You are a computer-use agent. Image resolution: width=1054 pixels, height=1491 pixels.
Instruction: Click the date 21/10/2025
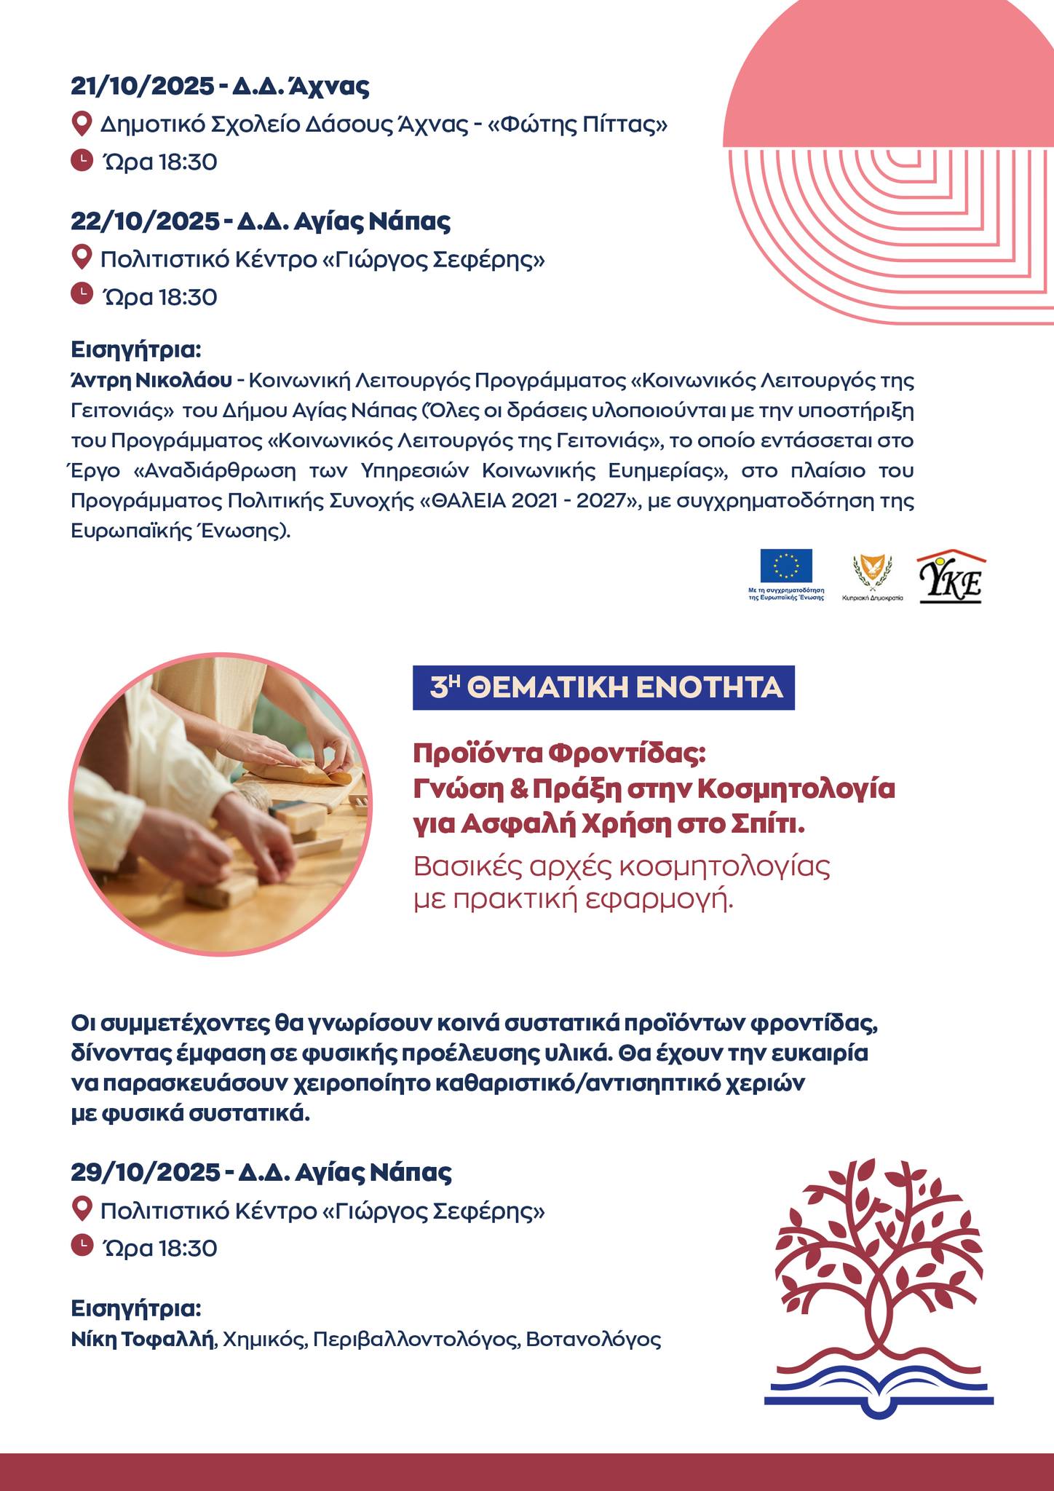(x=141, y=87)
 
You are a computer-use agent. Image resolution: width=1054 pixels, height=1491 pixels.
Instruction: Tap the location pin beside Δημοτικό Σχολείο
(x=82, y=124)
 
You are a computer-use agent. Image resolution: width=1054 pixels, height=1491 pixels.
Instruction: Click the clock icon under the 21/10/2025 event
(x=82, y=159)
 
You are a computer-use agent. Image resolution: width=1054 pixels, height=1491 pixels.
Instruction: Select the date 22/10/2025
(x=142, y=221)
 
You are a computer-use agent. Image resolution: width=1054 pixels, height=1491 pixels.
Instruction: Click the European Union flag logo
(x=786, y=566)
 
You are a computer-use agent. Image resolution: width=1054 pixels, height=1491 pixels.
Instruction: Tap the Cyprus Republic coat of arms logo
(x=872, y=571)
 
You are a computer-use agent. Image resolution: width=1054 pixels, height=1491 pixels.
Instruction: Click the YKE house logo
(x=951, y=578)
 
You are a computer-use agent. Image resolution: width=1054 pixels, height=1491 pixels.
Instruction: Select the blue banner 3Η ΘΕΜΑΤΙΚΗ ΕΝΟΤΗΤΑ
(x=603, y=687)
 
